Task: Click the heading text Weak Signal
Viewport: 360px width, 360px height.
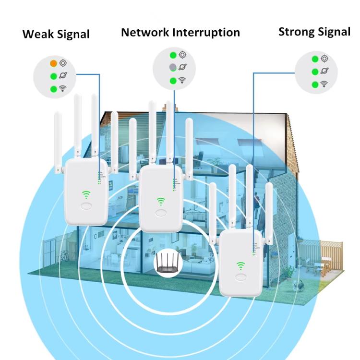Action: point(56,34)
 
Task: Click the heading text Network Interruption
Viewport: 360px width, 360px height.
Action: point(180,32)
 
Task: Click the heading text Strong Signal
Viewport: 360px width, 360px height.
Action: point(314,32)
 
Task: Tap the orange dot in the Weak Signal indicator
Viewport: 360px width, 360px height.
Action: point(53,63)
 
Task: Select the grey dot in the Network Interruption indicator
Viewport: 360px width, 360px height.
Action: point(173,68)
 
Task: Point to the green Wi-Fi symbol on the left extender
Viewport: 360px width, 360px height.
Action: point(86,195)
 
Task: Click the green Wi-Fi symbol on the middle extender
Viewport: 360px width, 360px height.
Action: point(161,201)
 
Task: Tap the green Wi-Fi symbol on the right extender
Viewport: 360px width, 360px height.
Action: point(240,265)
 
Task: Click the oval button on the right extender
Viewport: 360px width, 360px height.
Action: point(240,278)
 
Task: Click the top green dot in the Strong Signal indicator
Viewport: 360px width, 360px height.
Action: point(314,59)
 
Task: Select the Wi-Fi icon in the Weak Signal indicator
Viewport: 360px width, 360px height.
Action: point(63,88)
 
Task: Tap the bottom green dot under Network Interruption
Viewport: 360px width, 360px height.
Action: point(173,81)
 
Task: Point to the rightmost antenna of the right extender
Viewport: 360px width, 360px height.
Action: point(269,211)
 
